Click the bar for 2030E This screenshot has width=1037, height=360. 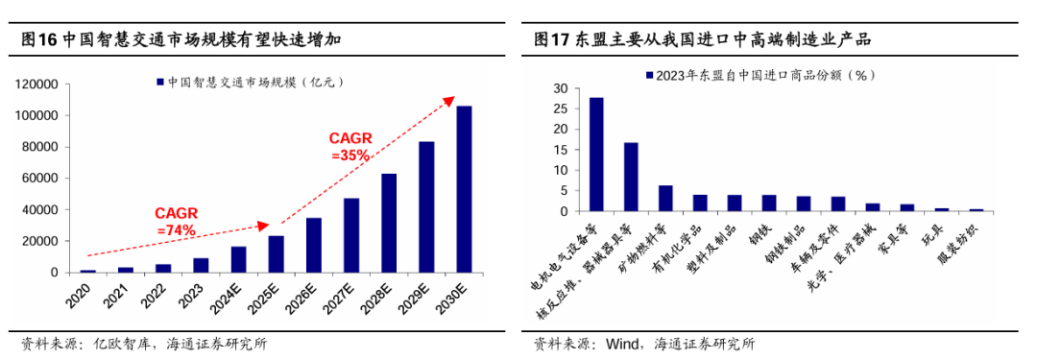[x=464, y=189]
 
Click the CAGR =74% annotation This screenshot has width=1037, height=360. [x=177, y=222]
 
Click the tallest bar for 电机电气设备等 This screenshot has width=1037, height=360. [x=596, y=155]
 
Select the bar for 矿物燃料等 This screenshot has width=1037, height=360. [x=665, y=199]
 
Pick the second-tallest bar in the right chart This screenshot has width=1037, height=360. [x=631, y=177]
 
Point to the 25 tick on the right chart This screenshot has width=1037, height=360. [x=561, y=108]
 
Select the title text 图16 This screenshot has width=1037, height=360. [x=38, y=40]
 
